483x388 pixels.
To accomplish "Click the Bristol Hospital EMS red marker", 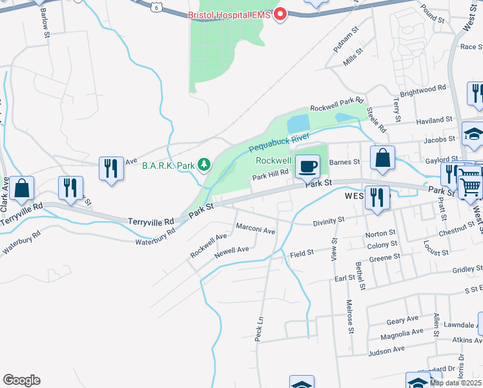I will pos(280,14).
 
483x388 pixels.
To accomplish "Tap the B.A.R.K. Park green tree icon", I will pos(205,165).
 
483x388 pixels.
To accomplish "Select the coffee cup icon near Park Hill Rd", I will pos(307,166).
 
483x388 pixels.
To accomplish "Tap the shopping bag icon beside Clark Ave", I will pos(22,188).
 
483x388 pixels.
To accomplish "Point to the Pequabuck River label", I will pos(278,144).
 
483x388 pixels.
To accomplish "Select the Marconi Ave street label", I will pos(256,230).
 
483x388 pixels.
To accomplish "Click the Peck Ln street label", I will pos(259,329).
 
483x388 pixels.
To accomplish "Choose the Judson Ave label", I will pos(386,350).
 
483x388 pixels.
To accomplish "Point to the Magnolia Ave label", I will pos(401,334).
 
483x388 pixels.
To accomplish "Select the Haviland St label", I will pos(434,120).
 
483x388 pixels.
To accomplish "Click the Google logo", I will pos(21,380).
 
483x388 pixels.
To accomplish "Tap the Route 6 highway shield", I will pos(156,6).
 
